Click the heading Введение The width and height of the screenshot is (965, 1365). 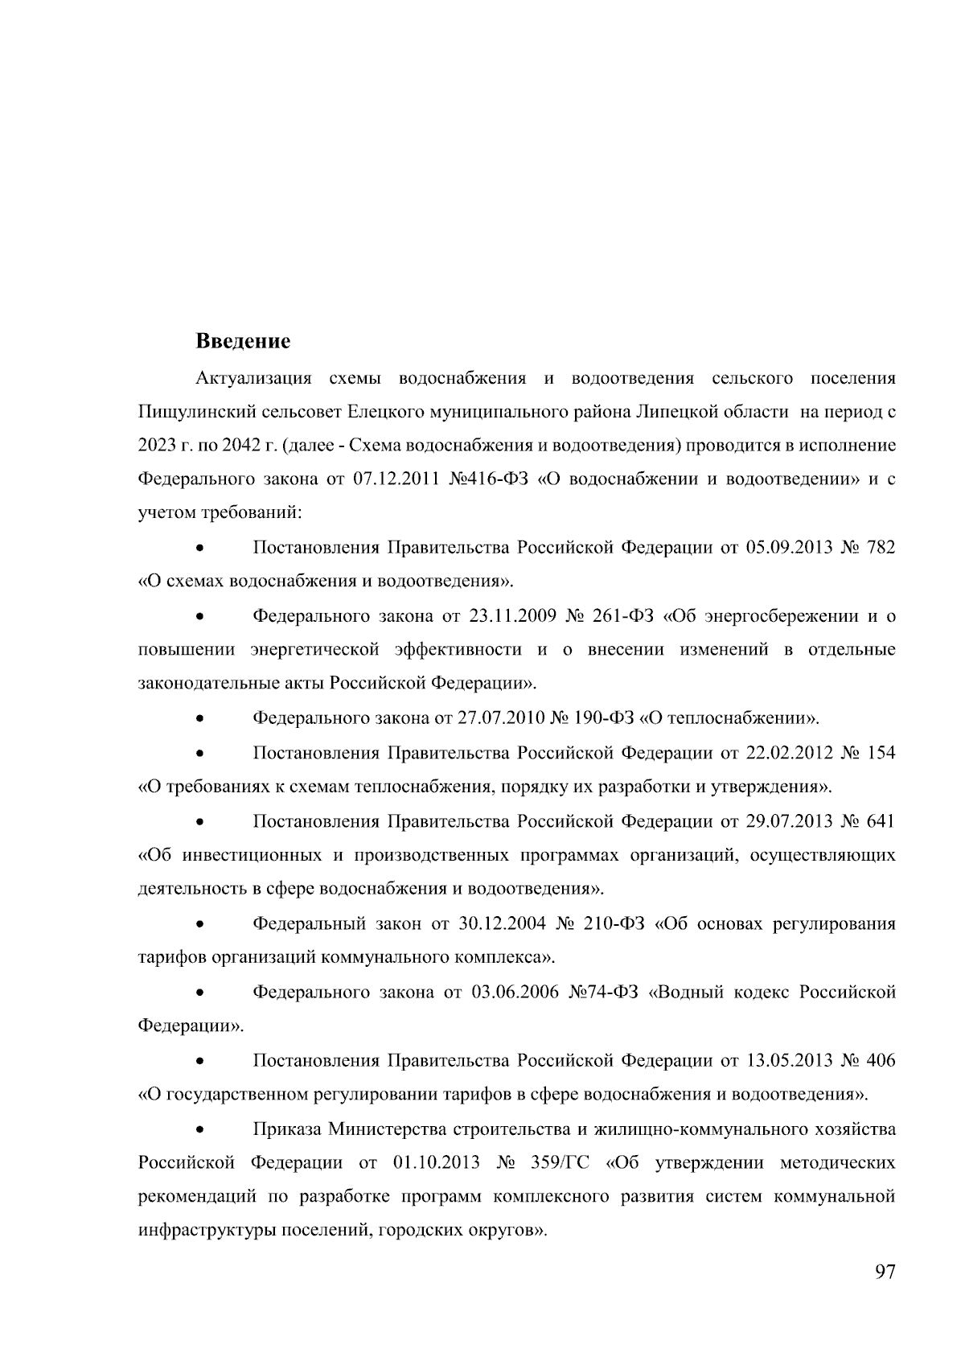(x=243, y=341)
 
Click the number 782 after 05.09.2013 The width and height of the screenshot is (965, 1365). (x=881, y=548)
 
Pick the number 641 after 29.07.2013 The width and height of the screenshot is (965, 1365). (x=881, y=821)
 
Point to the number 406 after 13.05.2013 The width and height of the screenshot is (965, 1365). (x=881, y=1061)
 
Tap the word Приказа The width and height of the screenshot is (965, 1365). (x=286, y=1129)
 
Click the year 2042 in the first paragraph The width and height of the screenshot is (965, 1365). (x=216, y=446)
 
